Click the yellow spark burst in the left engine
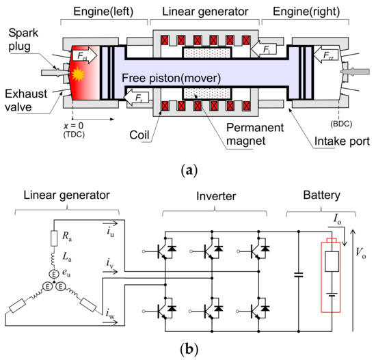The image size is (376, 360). pos(78,74)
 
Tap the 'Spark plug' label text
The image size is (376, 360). pos(23,40)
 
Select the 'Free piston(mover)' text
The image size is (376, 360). pos(171,78)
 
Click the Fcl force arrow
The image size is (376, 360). pos(85,55)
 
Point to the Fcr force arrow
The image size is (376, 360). pos(326,55)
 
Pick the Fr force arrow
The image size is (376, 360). pos(136,97)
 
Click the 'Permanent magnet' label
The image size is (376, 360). pos(255,134)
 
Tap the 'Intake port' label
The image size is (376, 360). pos(342,141)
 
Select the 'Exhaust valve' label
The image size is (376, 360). pos(26,100)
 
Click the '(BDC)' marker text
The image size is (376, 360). pos(341,124)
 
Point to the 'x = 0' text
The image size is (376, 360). pos(73,126)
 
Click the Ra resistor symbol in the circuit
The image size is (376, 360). pos(54,238)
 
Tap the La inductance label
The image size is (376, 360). pos(67,257)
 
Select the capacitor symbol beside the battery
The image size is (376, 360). pos(299,275)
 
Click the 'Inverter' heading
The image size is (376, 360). pos(216,196)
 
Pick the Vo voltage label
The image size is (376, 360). pos(361,253)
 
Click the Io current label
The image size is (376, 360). pos(338,219)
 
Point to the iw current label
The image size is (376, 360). pos(110,314)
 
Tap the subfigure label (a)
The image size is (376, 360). pos(189,170)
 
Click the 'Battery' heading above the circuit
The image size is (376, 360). pos(322,195)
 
